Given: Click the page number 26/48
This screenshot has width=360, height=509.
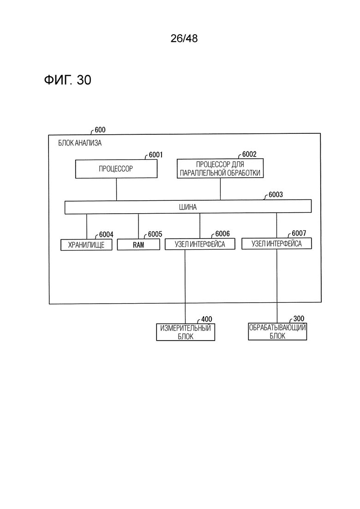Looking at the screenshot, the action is [184, 38].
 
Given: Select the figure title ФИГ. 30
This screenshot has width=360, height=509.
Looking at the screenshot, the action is [67, 79].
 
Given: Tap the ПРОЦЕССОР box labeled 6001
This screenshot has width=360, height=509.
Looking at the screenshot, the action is [116, 169].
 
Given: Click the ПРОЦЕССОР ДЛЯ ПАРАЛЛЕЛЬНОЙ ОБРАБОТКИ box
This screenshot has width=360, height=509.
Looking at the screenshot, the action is [220, 168].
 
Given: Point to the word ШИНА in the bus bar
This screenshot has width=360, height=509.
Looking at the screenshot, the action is [188, 207].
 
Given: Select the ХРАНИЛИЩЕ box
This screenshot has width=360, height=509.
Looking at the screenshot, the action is [86, 245].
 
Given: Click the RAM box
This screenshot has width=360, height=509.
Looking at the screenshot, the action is [138, 245].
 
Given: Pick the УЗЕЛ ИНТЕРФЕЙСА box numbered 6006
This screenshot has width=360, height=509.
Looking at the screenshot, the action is [200, 244].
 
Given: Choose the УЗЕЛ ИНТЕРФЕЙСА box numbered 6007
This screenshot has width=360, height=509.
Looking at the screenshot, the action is [276, 244].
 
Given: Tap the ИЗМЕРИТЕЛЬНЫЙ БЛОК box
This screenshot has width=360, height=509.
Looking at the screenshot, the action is [186, 332].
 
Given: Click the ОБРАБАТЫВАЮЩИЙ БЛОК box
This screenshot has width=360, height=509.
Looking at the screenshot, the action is [277, 331].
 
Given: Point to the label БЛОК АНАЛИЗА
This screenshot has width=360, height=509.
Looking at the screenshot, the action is [80, 143].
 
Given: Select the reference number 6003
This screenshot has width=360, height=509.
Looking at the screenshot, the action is [276, 194].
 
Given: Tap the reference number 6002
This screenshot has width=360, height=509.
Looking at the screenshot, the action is [249, 154].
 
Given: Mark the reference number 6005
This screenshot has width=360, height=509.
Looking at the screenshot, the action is [155, 234].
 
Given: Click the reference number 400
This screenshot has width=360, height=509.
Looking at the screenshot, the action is [206, 319].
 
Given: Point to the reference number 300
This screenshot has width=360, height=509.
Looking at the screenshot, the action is [299, 318].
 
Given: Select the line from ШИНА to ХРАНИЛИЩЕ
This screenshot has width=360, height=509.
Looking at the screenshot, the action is [87, 227].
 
